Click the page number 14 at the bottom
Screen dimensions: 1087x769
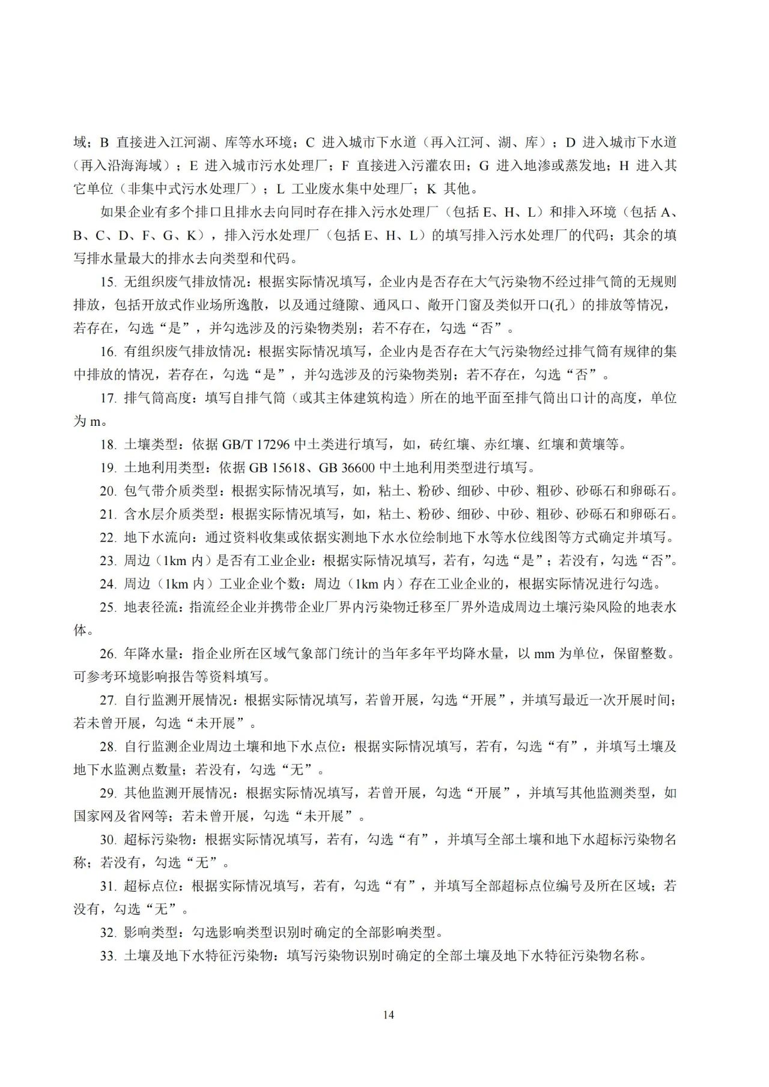coord(388,1014)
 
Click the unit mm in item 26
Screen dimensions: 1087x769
coord(544,653)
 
